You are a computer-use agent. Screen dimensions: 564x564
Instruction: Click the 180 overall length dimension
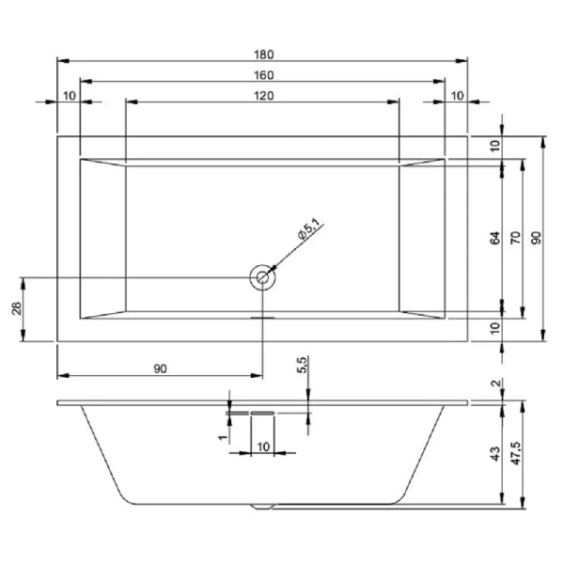263,53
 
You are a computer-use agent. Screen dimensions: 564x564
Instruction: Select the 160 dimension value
263,74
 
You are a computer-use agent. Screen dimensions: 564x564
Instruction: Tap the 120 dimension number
263,96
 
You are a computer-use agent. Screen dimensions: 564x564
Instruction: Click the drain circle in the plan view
262,277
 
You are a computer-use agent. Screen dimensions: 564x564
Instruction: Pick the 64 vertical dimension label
495,238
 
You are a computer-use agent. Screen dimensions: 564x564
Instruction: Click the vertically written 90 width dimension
536,238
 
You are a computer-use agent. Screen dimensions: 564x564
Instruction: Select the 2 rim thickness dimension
495,384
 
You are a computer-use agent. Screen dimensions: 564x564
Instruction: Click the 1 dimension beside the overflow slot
223,437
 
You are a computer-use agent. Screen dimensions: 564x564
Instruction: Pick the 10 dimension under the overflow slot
263,445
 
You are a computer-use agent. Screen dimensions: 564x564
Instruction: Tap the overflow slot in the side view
262,412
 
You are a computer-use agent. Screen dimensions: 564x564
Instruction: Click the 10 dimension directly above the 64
495,146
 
